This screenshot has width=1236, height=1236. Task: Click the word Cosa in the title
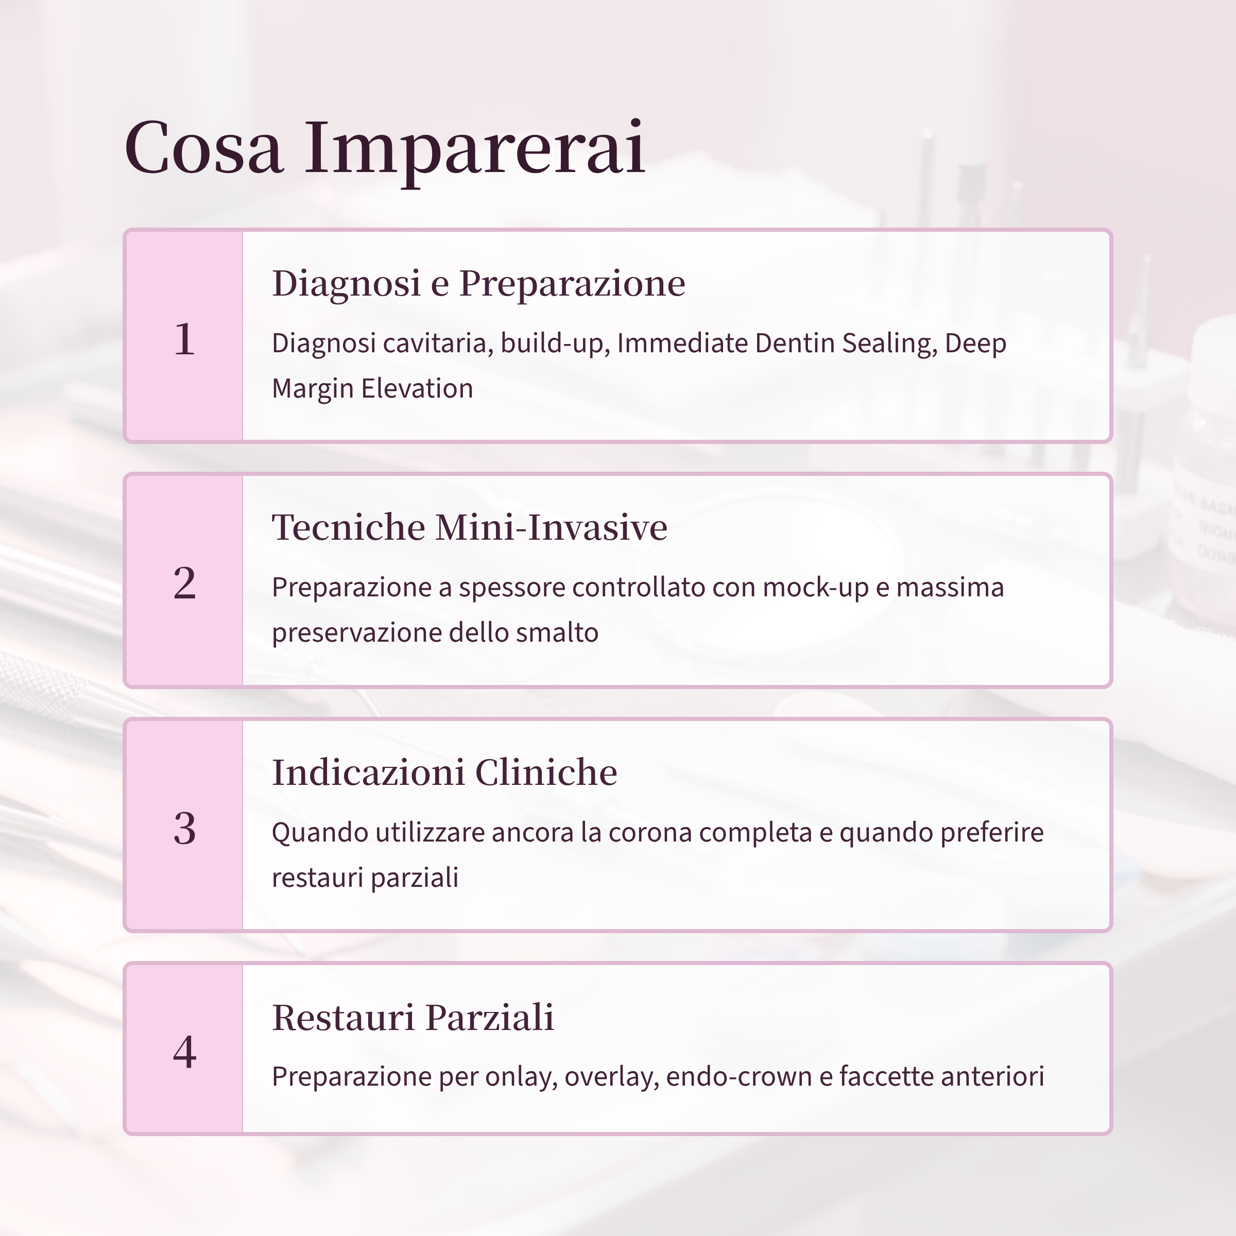tap(203, 148)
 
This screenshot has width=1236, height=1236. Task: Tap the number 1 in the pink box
tap(184, 338)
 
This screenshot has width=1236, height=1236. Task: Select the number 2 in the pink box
tap(184, 583)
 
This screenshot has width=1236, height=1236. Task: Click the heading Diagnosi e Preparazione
tap(478, 283)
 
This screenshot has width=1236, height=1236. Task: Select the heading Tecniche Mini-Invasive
tap(469, 527)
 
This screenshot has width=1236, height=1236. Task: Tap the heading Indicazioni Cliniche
tap(444, 772)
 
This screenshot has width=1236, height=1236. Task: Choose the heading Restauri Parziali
tap(413, 1017)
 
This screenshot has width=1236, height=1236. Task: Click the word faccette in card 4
tap(885, 1077)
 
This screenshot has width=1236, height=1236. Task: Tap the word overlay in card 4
tap(610, 1077)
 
